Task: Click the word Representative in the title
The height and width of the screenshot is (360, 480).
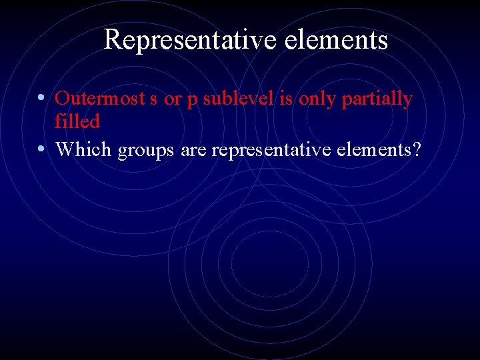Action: [191, 41]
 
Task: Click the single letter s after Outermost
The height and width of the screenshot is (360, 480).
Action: [153, 99]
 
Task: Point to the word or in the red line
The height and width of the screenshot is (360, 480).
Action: [172, 99]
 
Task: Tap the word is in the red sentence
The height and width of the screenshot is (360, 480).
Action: [283, 99]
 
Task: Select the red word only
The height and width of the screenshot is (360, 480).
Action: [317, 100]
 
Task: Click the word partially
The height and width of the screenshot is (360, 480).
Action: [377, 100]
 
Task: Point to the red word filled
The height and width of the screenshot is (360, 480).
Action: [77, 121]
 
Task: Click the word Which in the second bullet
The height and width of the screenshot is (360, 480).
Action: [84, 150]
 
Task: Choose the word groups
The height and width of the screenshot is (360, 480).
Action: [145, 151]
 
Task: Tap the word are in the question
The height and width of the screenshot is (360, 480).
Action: [193, 151]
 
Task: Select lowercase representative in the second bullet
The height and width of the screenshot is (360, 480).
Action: [275, 151]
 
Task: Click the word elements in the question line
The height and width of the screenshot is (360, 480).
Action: [377, 150]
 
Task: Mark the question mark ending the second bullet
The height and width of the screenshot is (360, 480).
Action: [417, 150]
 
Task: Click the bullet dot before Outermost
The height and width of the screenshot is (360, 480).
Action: [42, 98]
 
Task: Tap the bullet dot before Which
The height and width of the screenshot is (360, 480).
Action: [42, 149]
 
